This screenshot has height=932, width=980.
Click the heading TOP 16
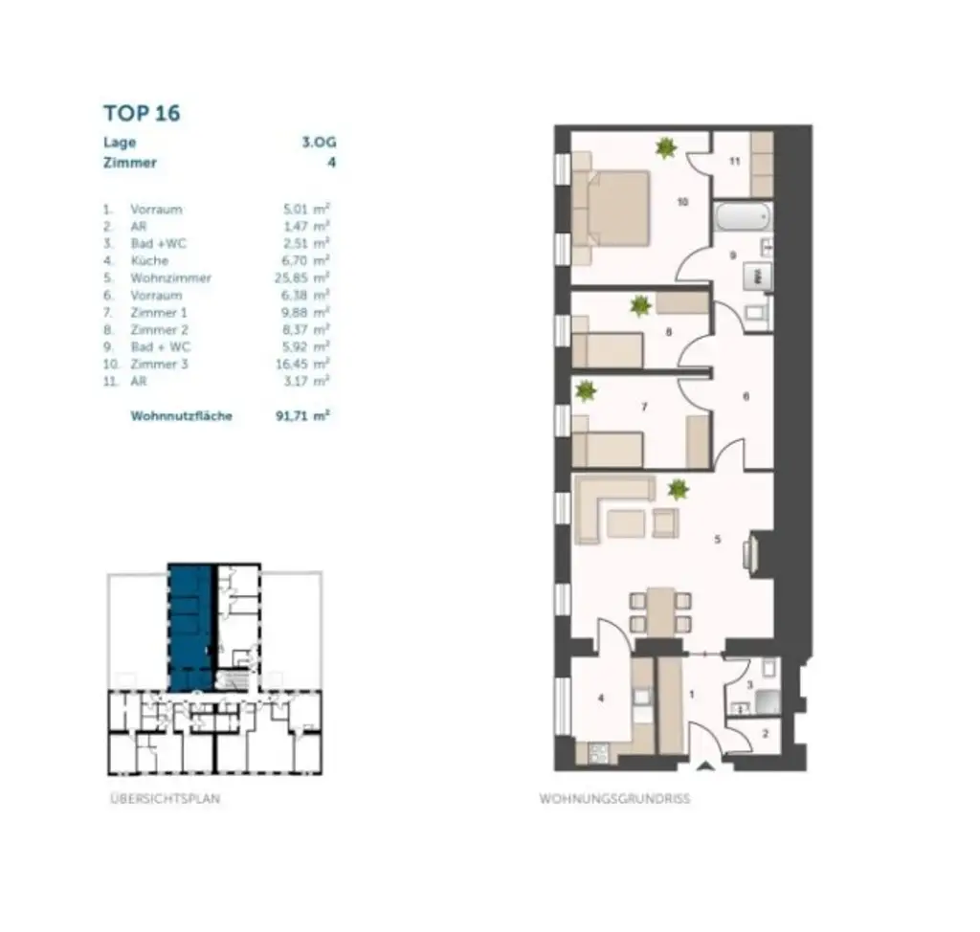click(x=142, y=113)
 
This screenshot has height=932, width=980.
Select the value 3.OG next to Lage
click(x=319, y=143)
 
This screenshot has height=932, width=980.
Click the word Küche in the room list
click(x=149, y=260)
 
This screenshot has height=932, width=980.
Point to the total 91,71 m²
click(x=302, y=416)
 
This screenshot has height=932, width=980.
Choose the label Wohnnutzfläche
click(x=181, y=416)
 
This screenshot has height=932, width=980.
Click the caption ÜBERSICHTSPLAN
click(x=165, y=799)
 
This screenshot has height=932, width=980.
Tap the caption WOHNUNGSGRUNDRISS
click(x=613, y=799)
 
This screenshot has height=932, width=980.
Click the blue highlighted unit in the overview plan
click(x=189, y=627)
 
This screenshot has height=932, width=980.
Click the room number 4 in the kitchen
click(x=601, y=699)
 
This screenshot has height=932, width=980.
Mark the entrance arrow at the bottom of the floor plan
click(x=705, y=765)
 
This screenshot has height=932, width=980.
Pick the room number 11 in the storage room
click(x=735, y=162)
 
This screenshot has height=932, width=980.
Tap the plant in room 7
click(x=585, y=390)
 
